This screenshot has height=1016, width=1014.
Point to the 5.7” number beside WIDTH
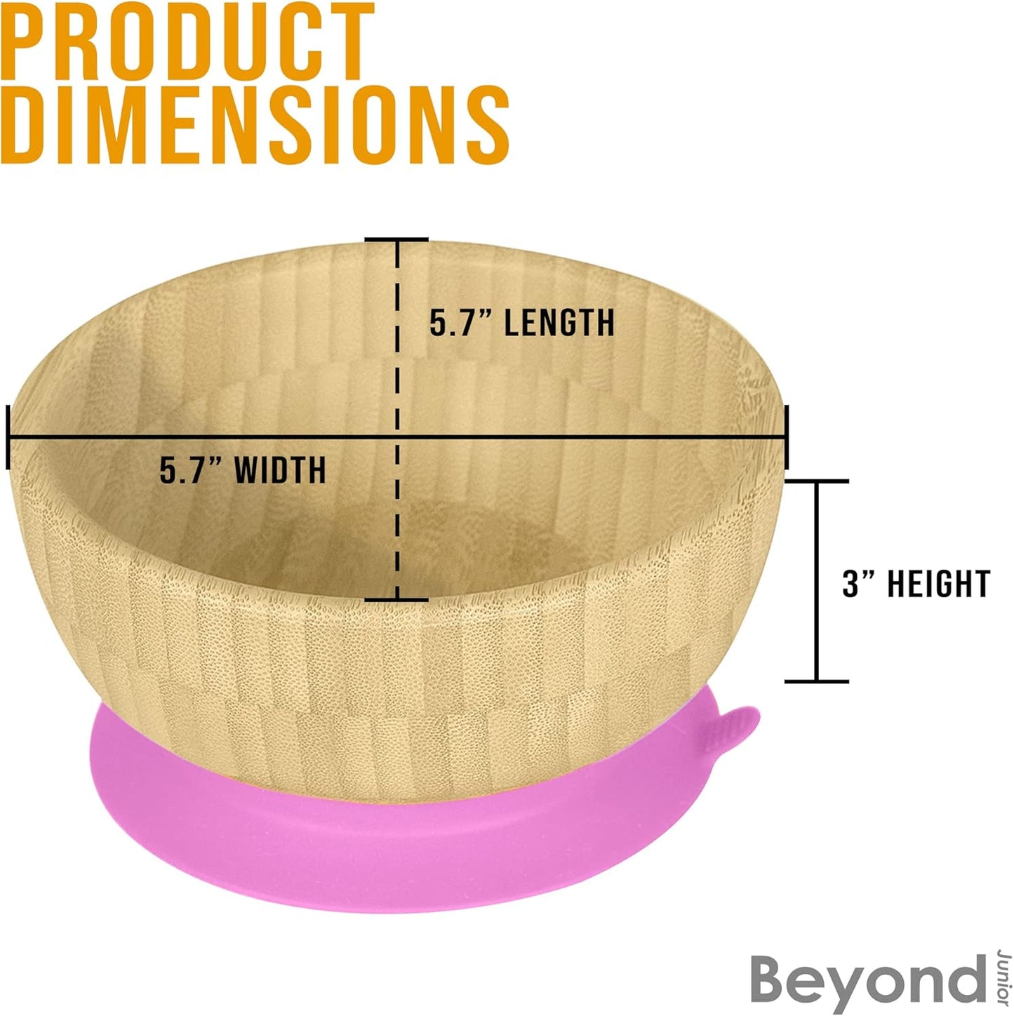pyautogui.click(x=191, y=470)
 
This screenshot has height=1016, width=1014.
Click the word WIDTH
pyautogui.click(x=280, y=470)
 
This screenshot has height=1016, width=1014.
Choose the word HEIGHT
pyautogui.click(x=939, y=584)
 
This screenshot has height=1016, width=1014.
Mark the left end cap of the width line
pyautogui.click(x=8, y=436)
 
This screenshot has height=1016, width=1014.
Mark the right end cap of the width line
pyautogui.click(x=787, y=436)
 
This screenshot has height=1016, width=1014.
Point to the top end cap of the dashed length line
pyautogui.click(x=396, y=240)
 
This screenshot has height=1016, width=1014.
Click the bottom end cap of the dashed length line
pyautogui.click(x=396, y=599)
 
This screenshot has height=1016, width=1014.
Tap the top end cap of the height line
pyautogui.click(x=817, y=481)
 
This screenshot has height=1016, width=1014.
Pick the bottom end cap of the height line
pyautogui.click(x=817, y=682)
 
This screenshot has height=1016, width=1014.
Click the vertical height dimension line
pyautogui.click(x=817, y=581)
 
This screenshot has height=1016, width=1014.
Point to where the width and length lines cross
pyautogui.click(x=396, y=436)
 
